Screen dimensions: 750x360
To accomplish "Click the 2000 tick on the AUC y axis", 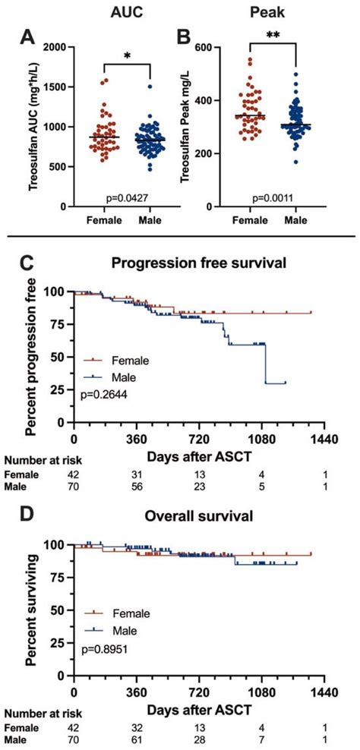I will point(52,48).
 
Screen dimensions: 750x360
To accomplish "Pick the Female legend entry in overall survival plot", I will point(134,613).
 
